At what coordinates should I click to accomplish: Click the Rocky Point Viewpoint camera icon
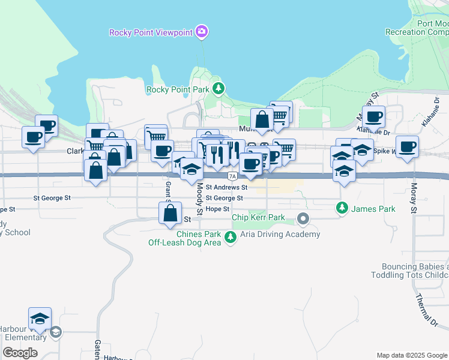tap(202, 31)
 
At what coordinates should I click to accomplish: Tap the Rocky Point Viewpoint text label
tap(152, 32)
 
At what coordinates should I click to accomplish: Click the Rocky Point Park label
tap(178, 90)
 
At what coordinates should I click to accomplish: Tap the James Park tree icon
tap(342, 208)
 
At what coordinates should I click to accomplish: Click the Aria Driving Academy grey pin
tap(304, 219)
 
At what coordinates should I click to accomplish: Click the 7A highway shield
tap(232, 176)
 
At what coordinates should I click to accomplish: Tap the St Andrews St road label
tap(226, 187)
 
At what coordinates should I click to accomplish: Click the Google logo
tap(20, 353)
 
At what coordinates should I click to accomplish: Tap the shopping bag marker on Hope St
tap(170, 213)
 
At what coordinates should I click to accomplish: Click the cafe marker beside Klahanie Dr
tap(373, 117)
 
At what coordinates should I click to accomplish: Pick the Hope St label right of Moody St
tap(217, 209)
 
